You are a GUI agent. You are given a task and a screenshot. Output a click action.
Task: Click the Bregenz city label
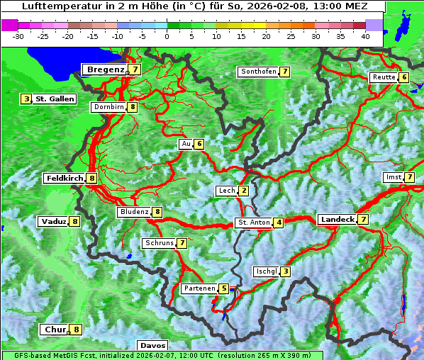coord(105,69)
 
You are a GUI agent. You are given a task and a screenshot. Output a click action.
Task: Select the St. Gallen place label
coord(55,99)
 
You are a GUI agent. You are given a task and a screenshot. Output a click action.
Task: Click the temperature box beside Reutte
coord(404,77)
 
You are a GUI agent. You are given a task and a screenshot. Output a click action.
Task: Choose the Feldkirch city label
coord(65,179)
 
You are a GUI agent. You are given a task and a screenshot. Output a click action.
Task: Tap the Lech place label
coord(227,191)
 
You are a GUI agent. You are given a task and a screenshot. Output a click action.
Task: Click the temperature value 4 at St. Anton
coord(279,223)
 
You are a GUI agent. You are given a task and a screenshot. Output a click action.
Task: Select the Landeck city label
coord(337,220)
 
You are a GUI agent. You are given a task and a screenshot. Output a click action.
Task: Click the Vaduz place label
coord(54,222)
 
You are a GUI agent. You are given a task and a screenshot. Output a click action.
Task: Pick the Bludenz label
coord(134,212)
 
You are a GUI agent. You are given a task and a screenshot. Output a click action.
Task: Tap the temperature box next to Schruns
coord(182,243)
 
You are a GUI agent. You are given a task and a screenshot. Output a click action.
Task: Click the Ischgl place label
coord(265,271)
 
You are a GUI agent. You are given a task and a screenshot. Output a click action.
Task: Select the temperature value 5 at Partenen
coord(223,288)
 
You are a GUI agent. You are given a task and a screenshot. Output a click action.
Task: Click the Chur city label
coord(55,330)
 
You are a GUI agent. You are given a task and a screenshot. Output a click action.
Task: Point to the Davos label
coord(153,346)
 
